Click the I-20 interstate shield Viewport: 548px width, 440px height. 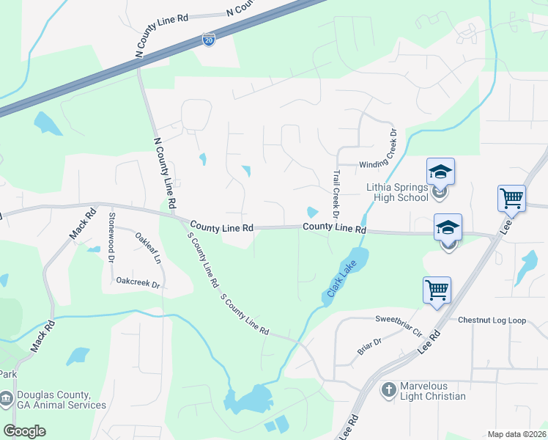point(209,40)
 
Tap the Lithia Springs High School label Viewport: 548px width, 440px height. point(397,192)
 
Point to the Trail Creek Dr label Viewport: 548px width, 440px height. point(336,194)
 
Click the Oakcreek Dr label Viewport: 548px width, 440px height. point(138,281)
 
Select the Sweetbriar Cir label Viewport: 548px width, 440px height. point(400,325)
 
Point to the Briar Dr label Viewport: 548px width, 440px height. point(369,346)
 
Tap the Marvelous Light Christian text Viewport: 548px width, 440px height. point(433,391)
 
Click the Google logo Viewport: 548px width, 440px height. point(24,431)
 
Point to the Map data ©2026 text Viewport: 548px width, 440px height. point(516,434)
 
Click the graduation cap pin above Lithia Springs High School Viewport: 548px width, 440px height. point(441,172)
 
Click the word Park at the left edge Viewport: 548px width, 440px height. point(8,374)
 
